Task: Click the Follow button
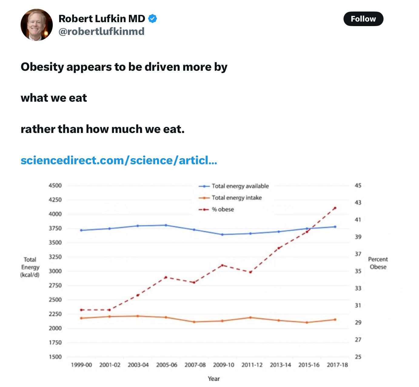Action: click(x=363, y=19)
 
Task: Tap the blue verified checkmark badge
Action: click(x=153, y=19)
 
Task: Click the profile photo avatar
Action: click(x=36, y=25)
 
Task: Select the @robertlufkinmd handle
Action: click(x=101, y=31)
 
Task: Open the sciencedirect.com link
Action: click(x=119, y=160)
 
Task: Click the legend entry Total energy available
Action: click(x=240, y=186)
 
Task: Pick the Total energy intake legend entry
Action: click(x=236, y=198)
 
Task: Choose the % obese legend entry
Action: click(x=223, y=209)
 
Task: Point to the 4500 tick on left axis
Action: click(x=55, y=185)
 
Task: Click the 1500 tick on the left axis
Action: click(x=55, y=357)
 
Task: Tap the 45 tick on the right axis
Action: click(x=358, y=185)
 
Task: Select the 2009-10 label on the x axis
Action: click(x=223, y=365)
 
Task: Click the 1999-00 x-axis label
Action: click(x=81, y=365)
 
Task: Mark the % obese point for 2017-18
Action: click(x=335, y=208)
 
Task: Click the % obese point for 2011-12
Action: click(x=250, y=272)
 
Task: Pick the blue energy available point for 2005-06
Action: click(x=166, y=225)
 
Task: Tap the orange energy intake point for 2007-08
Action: click(x=194, y=322)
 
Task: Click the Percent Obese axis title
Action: click(x=378, y=263)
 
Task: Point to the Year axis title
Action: click(x=214, y=379)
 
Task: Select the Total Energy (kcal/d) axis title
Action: click(x=30, y=267)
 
